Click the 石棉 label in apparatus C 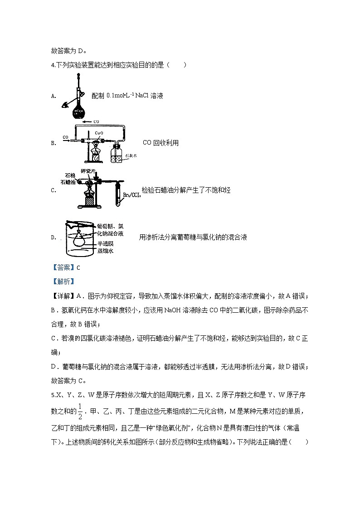pyautogui.click(x=70, y=175)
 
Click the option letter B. pyautogui.click(x=54, y=143)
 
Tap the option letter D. pyautogui.click(x=54, y=238)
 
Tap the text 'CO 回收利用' pyautogui.click(x=161, y=143)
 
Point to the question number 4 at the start pyautogui.click(x=53, y=65)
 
